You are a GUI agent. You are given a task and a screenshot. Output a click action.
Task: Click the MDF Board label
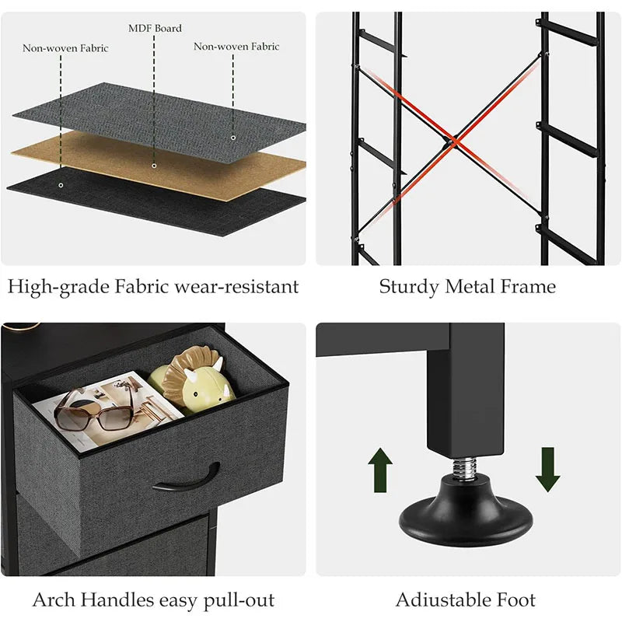point(155,29)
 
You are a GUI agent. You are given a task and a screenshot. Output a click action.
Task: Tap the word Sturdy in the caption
point(409,287)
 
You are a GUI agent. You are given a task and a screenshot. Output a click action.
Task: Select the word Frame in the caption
point(529,287)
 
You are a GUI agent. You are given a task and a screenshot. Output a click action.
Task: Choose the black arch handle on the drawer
point(187,478)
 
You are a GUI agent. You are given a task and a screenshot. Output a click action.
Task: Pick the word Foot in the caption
point(514,600)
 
